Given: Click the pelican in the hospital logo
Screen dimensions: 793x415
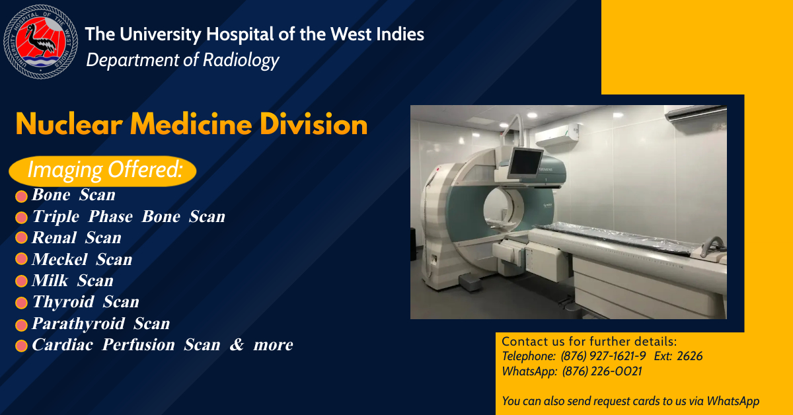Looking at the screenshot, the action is pyautogui.click(x=41, y=42).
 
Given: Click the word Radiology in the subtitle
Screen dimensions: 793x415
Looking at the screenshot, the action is pyautogui.click(x=241, y=60).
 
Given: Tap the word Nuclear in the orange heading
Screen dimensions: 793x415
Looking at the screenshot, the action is pyautogui.click(x=69, y=125).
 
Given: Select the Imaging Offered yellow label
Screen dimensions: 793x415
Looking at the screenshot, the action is pyautogui.click(x=102, y=171).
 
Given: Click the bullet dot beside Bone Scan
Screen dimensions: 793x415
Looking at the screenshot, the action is pyautogui.click(x=21, y=196).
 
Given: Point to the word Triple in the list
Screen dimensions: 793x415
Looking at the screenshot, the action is pyautogui.click(x=56, y=217).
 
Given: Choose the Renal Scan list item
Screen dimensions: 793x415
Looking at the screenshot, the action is pyautogui.click(x=77, y=238).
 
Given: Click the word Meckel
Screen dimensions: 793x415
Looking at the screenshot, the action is pyautogui.click(x=59, y=259).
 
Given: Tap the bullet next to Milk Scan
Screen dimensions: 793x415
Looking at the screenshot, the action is pyautogui.click(x=21, y=281).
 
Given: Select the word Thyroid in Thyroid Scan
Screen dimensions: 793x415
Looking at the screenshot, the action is pyautogui.click(x=63, y=303).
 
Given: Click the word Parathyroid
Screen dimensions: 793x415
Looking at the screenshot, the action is pyautogui.click(x=78, y=324).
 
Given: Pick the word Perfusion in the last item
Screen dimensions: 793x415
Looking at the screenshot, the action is pyautogui.click(x=138, y=345).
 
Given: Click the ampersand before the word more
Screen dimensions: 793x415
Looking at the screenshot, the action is pyautogui.click(x=237, y=345).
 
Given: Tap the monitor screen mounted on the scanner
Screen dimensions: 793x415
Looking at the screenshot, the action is pyautogui.click(x=525, y=163).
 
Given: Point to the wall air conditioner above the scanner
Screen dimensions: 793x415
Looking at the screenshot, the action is pyautogui.click(x=557, y=135).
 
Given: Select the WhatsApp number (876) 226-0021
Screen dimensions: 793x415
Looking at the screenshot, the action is pyautogui.click(x=602, y=371).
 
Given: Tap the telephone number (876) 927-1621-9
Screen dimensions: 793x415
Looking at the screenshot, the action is pyautogui.click(x=603, y=356).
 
